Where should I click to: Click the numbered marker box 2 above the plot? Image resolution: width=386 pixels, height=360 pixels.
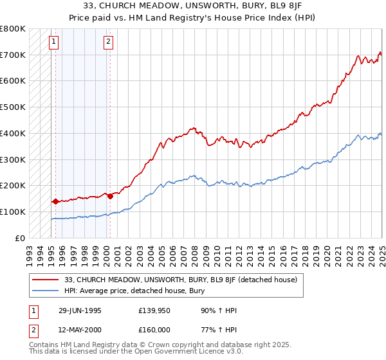point(108,42)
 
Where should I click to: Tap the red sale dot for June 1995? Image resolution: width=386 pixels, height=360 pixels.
point(55,201)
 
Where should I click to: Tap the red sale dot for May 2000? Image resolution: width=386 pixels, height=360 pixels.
point(110,195)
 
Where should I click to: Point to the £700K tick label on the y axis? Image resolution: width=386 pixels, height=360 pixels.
point(14,55)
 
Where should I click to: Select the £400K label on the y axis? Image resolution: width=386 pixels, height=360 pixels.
point(14,133)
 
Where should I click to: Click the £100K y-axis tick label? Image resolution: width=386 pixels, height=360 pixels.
point(14,212)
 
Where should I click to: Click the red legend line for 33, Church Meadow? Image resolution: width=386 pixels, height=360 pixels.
point(46,280)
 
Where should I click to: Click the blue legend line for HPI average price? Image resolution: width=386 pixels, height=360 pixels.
point(46,290)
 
